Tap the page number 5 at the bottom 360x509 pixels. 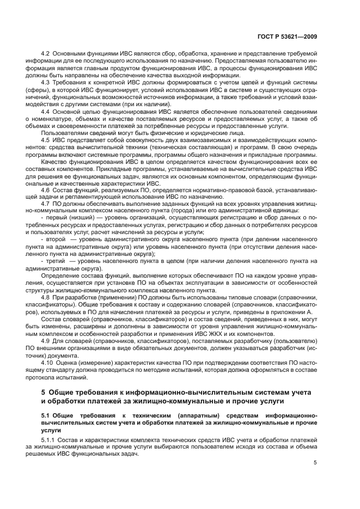pyautogui.click(x=316, y=463)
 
